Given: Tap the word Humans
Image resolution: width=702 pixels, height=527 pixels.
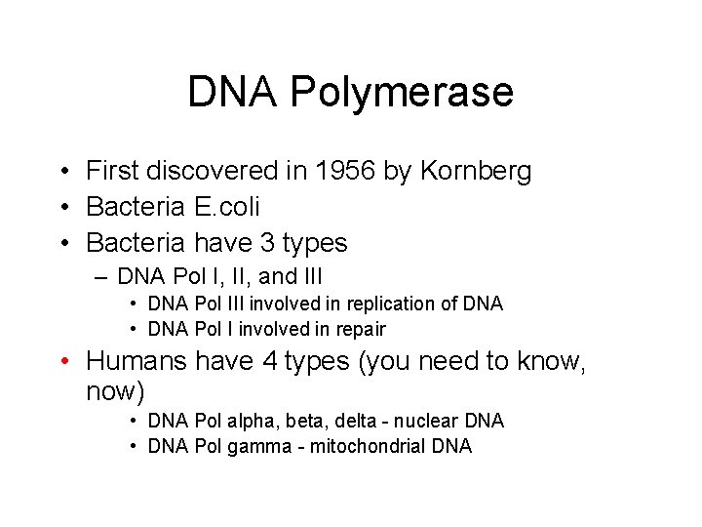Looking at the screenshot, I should pos(136,362).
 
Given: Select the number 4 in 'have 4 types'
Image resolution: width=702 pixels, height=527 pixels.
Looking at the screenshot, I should pos(271,362).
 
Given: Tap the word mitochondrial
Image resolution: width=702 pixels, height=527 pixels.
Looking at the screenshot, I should pos(366,446).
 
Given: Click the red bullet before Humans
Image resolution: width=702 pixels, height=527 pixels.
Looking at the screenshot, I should pos(64,363).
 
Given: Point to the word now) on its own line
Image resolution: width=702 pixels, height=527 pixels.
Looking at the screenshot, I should pos(115,393).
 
